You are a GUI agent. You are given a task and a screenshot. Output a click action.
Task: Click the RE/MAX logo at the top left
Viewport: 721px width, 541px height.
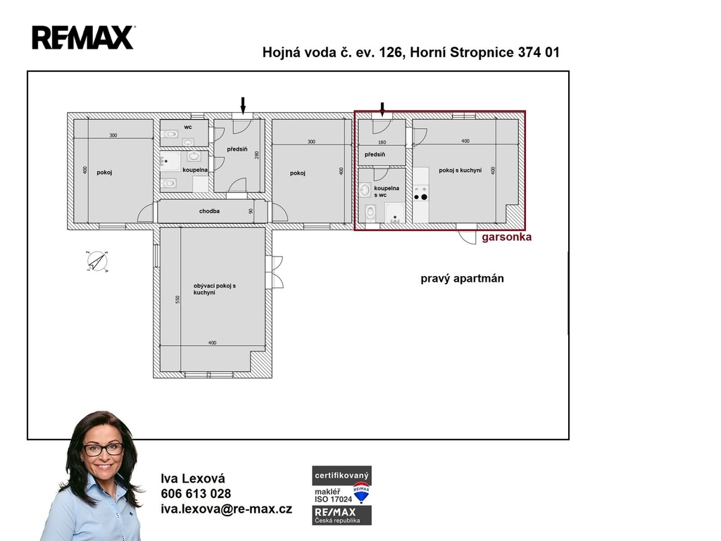click(x=83, y=38)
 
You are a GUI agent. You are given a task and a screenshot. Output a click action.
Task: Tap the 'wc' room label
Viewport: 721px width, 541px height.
click(x=188, y=127)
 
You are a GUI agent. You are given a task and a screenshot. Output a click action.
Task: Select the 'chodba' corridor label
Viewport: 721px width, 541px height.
click(x=209, y=211)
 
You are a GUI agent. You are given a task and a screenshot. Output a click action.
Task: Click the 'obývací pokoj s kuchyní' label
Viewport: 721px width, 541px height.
click(x=214, y=289)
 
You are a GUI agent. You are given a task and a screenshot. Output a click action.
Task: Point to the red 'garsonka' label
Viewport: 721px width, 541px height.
click(x=506, y=237)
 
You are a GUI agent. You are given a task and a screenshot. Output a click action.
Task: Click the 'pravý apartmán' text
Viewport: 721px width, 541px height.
click(x=462, y=278)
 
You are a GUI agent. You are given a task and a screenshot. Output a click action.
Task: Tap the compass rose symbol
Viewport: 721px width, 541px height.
click(x=97, y=262)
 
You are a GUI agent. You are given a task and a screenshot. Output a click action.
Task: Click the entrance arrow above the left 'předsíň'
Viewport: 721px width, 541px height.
click(x=243, y=105)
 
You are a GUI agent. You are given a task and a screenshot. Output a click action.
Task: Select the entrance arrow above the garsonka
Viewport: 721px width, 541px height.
click(x=382, y=109)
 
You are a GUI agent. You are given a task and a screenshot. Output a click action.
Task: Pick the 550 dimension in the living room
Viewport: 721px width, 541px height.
click(x=177, y=299)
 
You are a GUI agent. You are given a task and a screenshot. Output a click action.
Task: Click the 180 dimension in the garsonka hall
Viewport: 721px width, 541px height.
click(x=382, y=142)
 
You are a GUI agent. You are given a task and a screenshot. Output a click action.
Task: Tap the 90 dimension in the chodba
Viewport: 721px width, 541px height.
click(x=251, y=211)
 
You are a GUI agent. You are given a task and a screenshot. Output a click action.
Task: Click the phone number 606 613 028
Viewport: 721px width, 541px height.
click(x=196, y=494)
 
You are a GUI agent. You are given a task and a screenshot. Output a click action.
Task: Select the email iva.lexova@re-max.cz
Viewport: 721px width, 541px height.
click(x=226, y=509)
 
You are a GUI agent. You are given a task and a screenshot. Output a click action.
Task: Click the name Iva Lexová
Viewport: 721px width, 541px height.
click(x=193, y=478)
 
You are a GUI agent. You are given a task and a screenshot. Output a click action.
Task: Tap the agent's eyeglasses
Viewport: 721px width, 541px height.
click(x=103, y=449)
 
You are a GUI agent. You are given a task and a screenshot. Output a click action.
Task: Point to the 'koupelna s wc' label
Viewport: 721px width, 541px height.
click(x=387, y=192)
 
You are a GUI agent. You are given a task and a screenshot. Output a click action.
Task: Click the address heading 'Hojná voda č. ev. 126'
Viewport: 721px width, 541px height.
click(x=333, y=52)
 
